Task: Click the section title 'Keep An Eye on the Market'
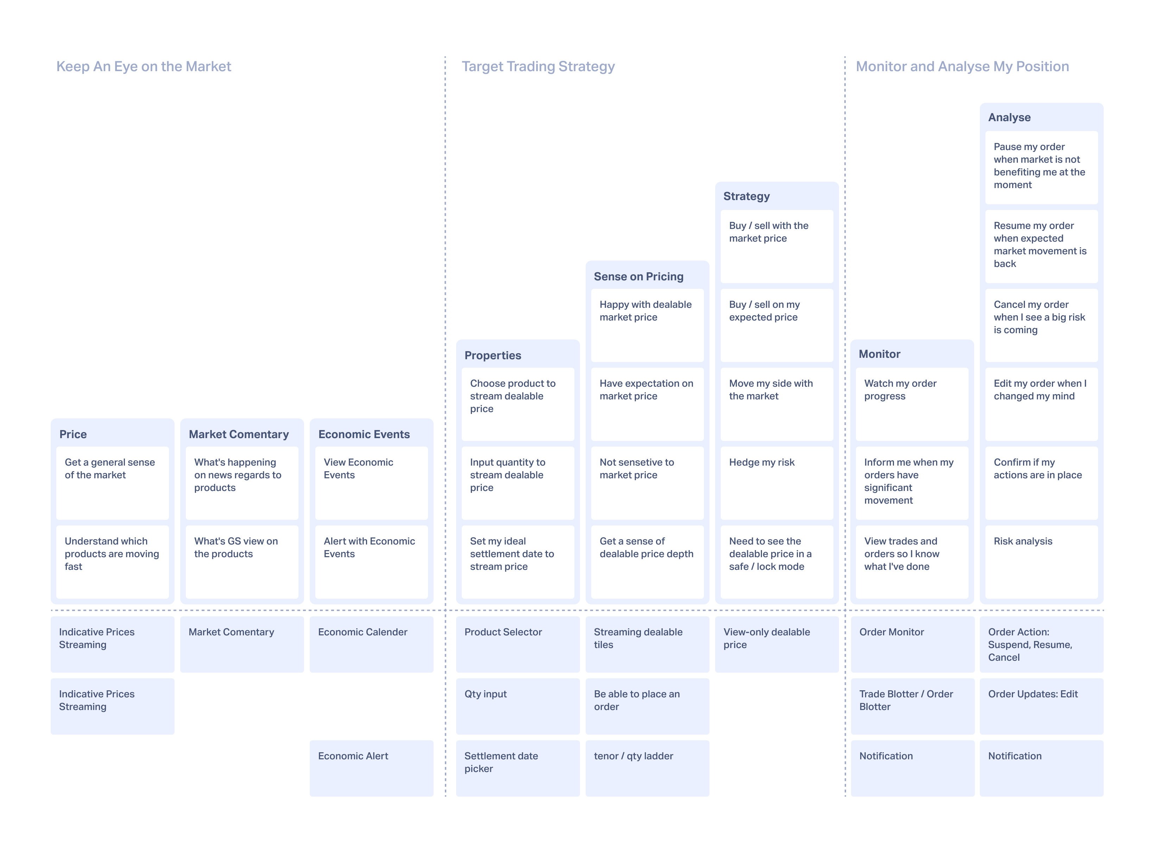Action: coord(144,67)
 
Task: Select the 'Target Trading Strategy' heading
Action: coord(538,67)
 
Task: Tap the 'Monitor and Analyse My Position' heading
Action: coord(962,67)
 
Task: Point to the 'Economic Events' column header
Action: coord(364,434)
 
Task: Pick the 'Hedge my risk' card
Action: coord(777,483)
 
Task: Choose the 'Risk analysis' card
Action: coord(1041,562)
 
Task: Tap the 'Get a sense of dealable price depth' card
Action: coord(647,562)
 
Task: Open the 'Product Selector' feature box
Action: coord(518,645)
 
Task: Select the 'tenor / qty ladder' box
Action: coord(647,768)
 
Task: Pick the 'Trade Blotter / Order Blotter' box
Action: coord(912,706)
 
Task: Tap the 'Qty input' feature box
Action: coord(518,706)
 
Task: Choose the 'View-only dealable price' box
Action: coord(777,645)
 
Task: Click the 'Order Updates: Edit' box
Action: coord(1041,706)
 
